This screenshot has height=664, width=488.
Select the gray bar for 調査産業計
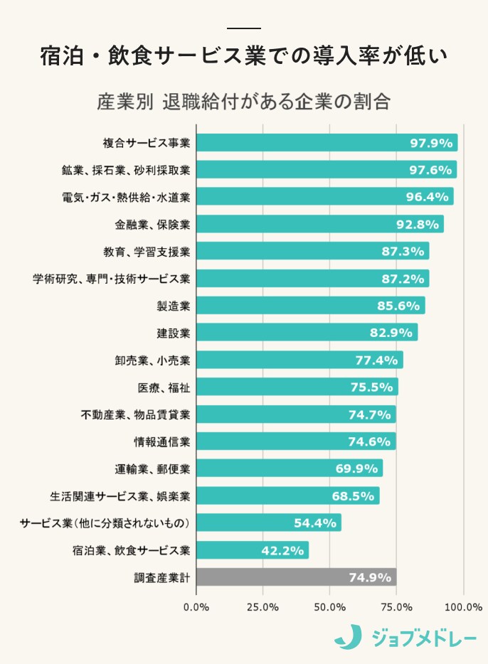point(296,577)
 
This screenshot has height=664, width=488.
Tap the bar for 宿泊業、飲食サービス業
point(252,550)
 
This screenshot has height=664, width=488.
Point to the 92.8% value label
point(417,225)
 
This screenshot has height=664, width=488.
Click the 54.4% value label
point(314,523)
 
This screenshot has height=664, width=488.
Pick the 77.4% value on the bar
point(376,360)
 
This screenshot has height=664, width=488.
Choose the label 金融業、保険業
point(152,225)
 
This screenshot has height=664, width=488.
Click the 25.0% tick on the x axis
point(262,607)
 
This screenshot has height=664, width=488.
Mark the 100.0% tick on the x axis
point(464,607)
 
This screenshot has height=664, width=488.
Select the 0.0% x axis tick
point(196,607)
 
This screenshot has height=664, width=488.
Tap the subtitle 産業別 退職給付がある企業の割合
point(244,100)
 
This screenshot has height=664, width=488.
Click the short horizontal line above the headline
point(244,28)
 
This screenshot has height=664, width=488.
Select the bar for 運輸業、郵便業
point(289,468)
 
